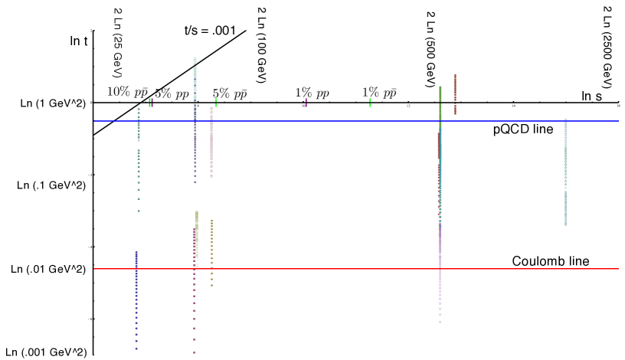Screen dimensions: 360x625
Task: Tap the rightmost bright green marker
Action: coord(370,101)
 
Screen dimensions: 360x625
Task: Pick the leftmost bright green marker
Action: coord(150,101)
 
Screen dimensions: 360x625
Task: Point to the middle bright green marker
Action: coord(216,101)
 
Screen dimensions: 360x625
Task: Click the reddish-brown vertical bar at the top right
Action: coord(454,88)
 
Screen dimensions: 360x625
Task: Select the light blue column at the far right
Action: coord(565,172)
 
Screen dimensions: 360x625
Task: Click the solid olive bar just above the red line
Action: coord(197,234)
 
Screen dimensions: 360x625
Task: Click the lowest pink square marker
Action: coord(195,352)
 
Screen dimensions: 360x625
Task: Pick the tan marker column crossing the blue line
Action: coord(211,142)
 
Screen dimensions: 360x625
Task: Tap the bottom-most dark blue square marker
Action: coord(136,349)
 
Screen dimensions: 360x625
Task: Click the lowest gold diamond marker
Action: coord(212,286)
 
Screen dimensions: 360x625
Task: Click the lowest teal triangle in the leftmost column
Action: coord(139,211)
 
